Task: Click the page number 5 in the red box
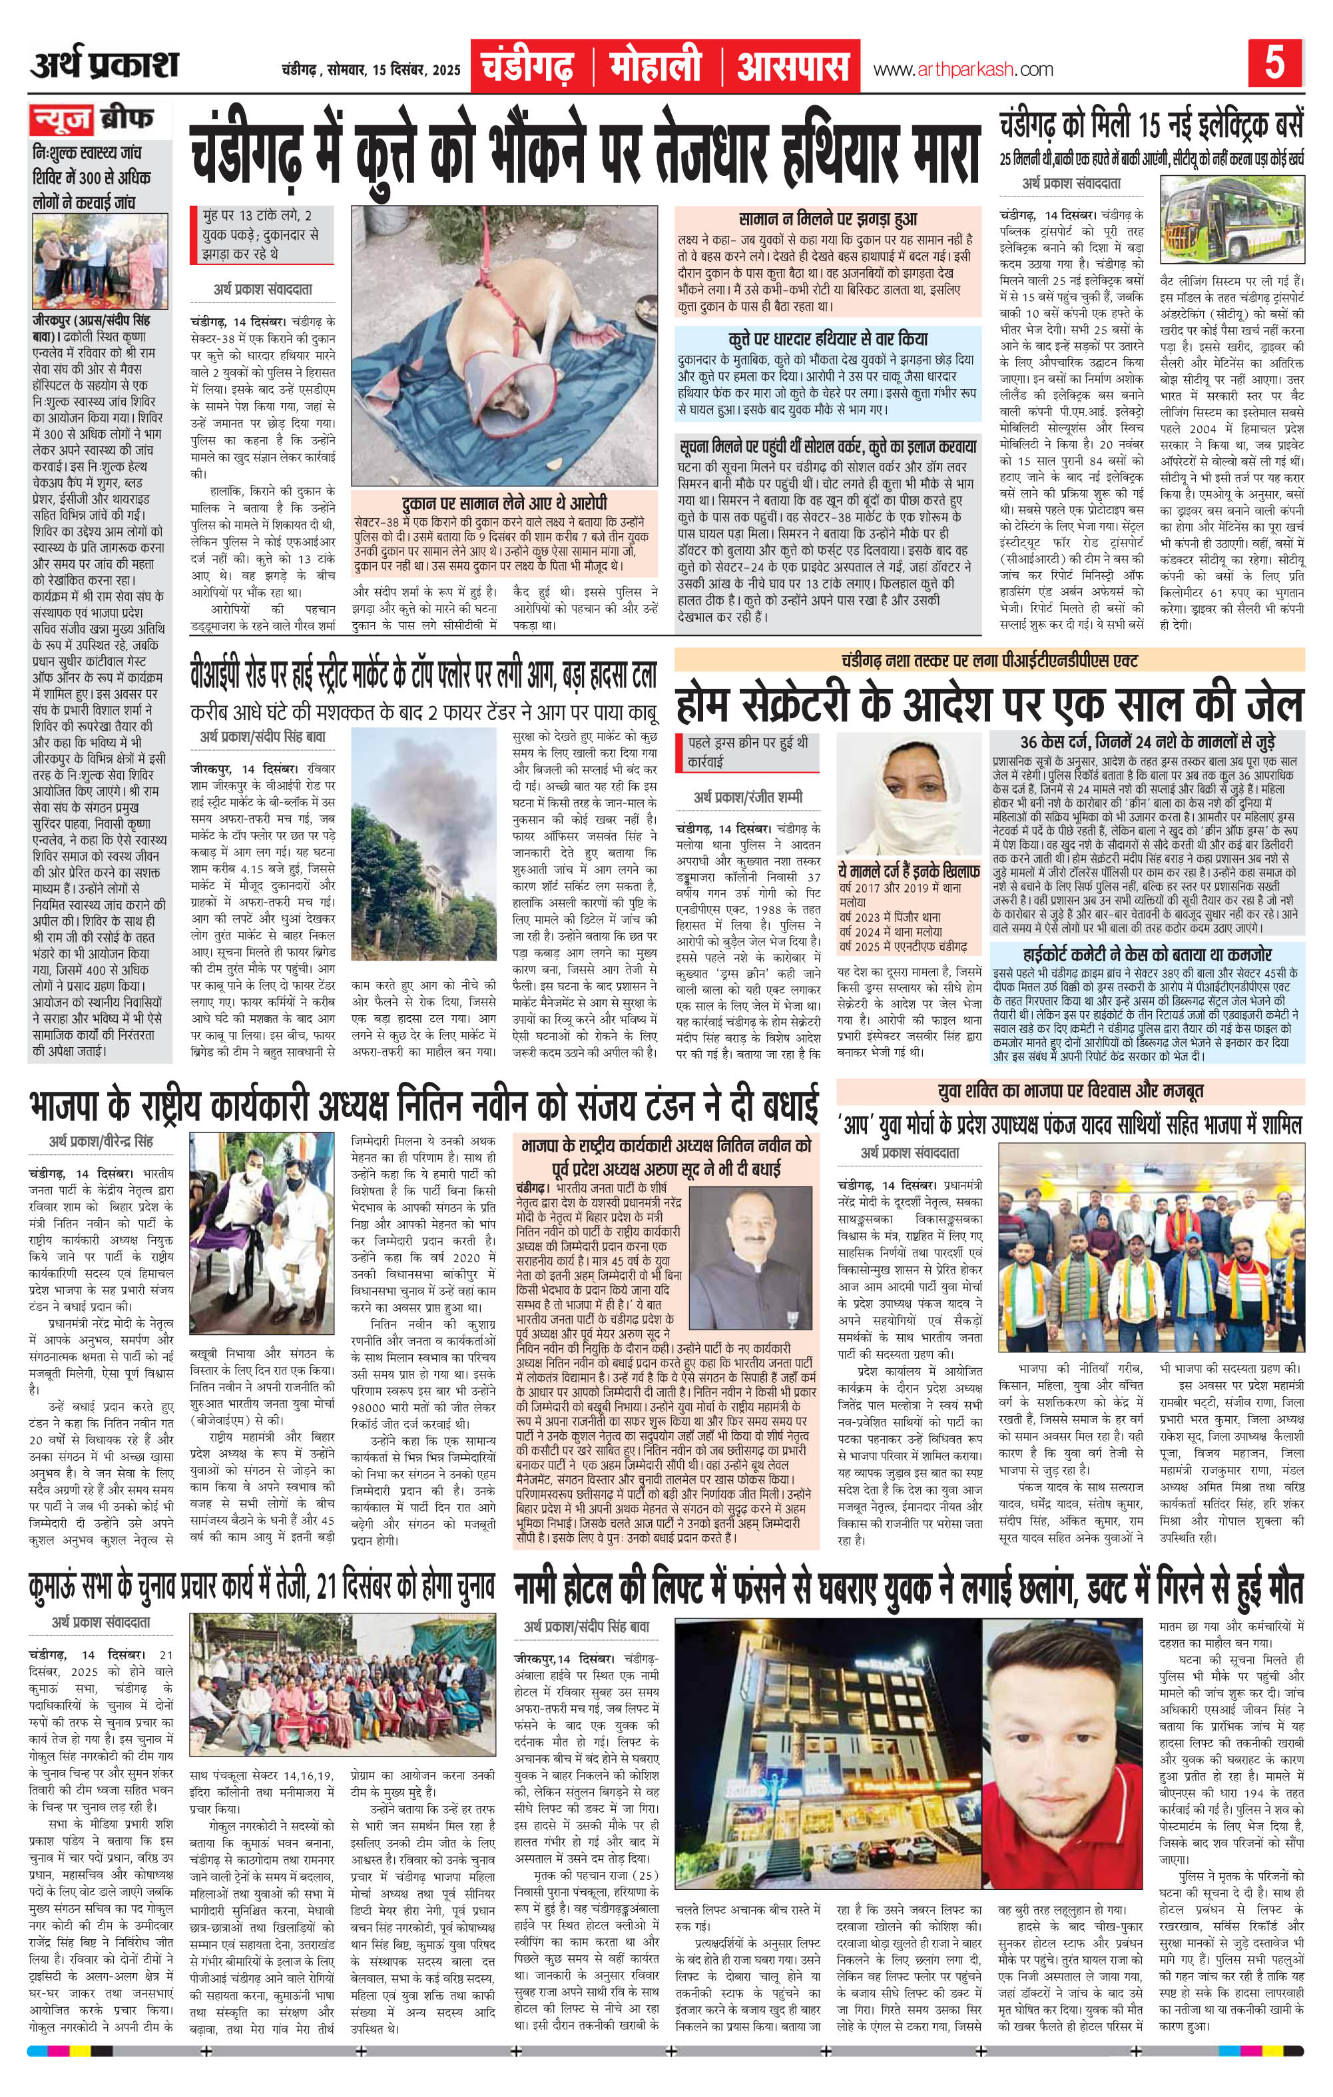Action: (x=1274, y=65)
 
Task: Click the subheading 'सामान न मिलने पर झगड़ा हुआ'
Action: (x=828, y=218)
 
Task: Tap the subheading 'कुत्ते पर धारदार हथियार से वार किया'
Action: (x=828, y=338)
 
